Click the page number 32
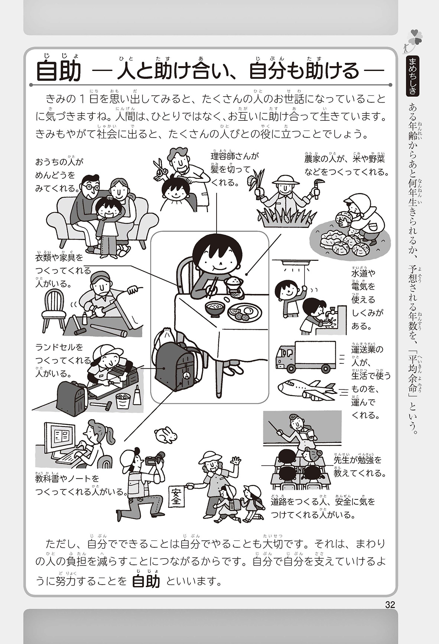click(390, 605)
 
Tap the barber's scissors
click(160, 168)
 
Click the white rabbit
click(166, 434)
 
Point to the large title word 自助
click(59, 71)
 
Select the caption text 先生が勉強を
click(358, 460)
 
